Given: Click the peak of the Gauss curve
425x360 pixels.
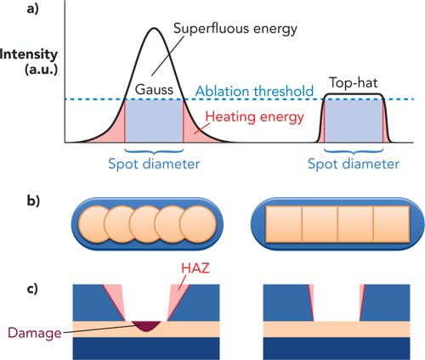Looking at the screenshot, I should pos(154,30).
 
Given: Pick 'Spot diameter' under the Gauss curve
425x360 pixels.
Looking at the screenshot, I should pos(154,161).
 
